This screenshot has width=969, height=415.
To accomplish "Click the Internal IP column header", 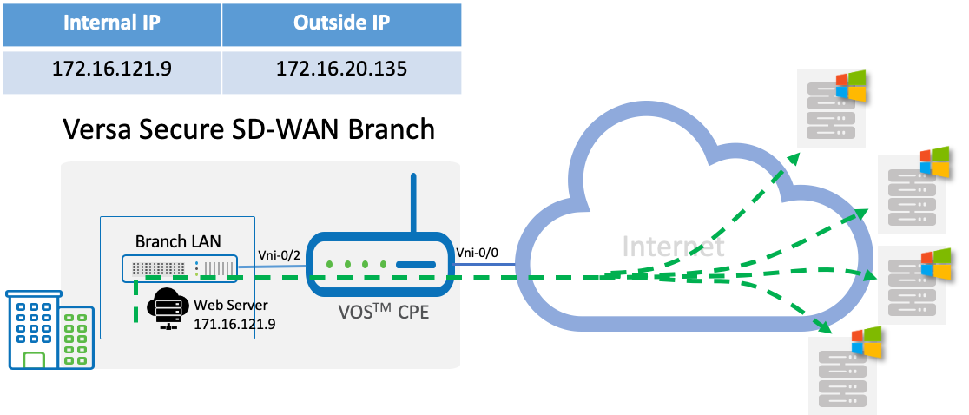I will pos(111,23).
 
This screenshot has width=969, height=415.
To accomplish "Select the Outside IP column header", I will pos(341,23).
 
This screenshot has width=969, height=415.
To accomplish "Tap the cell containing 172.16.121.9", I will pos(111,69).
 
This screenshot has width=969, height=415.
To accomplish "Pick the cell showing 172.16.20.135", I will pos(341,69).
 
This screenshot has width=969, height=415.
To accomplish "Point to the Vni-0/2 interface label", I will pos(280,254).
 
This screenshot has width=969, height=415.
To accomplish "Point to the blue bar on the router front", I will pos(415,265).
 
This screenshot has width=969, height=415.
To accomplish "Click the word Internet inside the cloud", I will pos(673,247).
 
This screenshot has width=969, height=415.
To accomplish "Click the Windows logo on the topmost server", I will pos(850,88).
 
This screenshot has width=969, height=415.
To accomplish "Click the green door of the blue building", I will pos(34,359).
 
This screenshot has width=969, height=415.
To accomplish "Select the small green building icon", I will pos(77,338).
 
